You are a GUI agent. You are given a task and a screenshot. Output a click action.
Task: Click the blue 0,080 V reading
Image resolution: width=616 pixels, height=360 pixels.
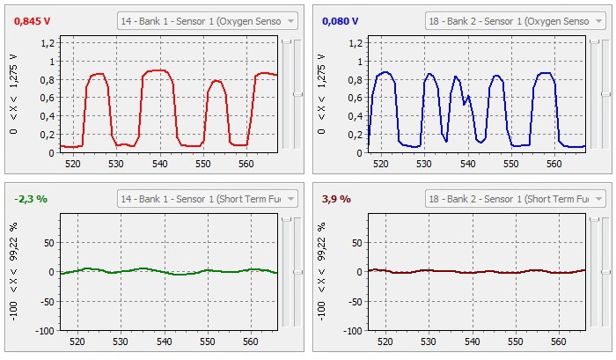point(340,20)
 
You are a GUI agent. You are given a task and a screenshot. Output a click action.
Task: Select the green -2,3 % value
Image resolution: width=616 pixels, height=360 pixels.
point(31,199)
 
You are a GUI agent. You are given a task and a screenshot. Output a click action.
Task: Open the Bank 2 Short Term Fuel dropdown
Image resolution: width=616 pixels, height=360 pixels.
point(516,200)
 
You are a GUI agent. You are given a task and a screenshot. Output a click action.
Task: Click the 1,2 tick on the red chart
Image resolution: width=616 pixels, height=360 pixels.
point(46,43)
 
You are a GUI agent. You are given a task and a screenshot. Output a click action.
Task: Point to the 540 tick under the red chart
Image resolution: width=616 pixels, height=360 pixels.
point(159,163)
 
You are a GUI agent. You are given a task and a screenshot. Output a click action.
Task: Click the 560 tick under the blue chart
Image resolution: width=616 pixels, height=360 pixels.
point(557,163)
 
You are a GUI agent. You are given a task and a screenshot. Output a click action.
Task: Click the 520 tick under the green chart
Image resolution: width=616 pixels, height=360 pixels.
point(77,342)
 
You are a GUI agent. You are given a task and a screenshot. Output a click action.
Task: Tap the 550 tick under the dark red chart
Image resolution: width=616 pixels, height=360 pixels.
point(515,342)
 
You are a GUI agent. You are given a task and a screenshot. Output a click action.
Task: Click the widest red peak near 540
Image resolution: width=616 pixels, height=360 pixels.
point(158,70)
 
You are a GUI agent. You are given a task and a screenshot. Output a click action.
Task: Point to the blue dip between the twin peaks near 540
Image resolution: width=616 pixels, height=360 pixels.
point(465,104)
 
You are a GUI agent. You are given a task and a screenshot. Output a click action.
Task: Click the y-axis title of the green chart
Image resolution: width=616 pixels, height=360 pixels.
point(14,273)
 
